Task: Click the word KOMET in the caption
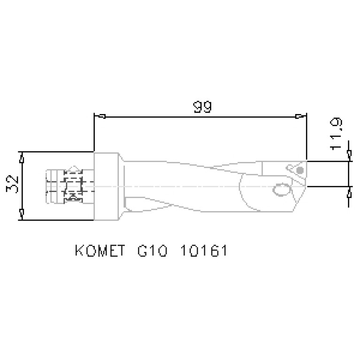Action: (x=100, y=251)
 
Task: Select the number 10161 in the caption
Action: (x=204, y=251)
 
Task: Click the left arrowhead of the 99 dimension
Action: (x=100, y=116)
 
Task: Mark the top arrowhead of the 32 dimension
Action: (x=22, y=157)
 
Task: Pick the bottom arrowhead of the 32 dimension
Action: (x=22, y=214)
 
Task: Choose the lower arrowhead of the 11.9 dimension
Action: (x=349, y=192)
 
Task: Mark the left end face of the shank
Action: (x=48, y=186)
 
